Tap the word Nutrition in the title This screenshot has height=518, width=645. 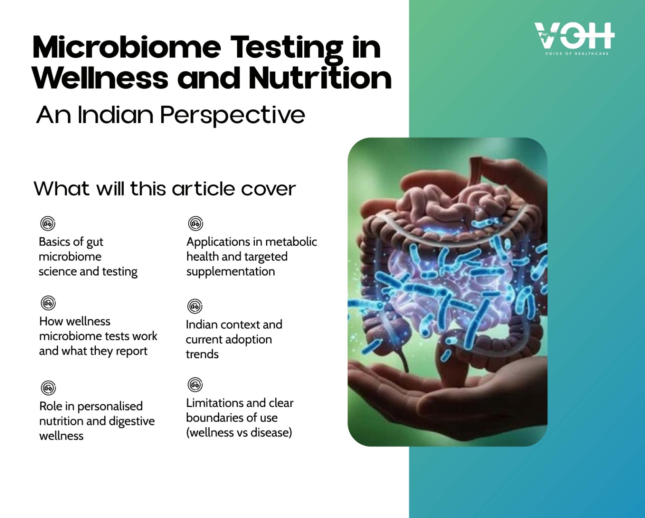click(x=320, y=77)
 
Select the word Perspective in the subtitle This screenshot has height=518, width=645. click(x=233, y=115)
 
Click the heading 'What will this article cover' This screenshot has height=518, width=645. click(x=164, y=189)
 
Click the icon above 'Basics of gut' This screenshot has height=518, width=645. click(x=48, y=223)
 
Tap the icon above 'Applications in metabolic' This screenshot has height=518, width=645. click(x=196, y=223)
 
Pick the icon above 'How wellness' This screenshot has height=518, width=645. click(x=48, y=303)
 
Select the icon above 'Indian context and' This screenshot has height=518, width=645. click(x=195, y=306)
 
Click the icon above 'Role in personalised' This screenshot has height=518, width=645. click(x=48, y=388)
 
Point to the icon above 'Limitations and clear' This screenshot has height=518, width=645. click(x=195, y=385)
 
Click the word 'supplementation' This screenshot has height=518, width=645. click(x=231, y=272)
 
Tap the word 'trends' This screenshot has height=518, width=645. click(x=202, y=354)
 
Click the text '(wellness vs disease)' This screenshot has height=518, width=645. click(x=239, y=432)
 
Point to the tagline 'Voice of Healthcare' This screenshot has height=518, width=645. click(x=577, y=54)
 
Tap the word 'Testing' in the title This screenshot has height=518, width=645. click(x=287, y=48)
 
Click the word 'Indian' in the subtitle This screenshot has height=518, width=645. click(x=115, y=115)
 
